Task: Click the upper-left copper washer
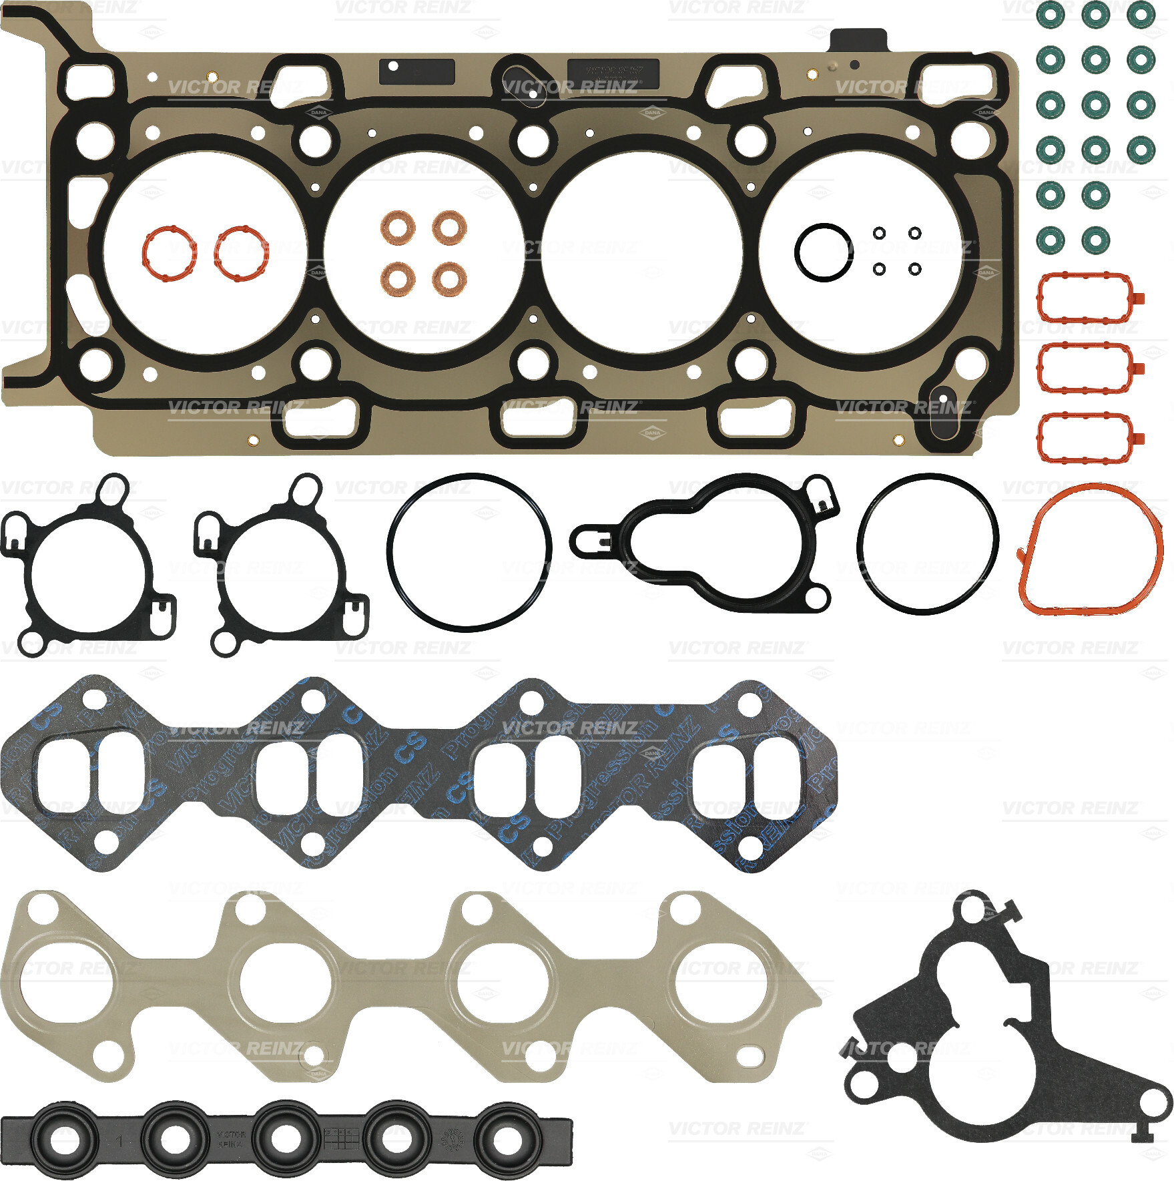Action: pos(398,227)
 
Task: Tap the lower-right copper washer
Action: pos(449,278)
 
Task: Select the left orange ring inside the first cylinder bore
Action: pos(169,253)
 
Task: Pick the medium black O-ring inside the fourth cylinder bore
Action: pos(824,252)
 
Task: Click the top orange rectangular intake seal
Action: pos(1085,297)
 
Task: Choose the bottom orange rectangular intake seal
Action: pos(1085,437)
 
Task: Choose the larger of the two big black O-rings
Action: pos(469,552)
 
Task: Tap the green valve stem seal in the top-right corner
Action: pos(1141,15)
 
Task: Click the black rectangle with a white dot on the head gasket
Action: pos(416,71)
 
